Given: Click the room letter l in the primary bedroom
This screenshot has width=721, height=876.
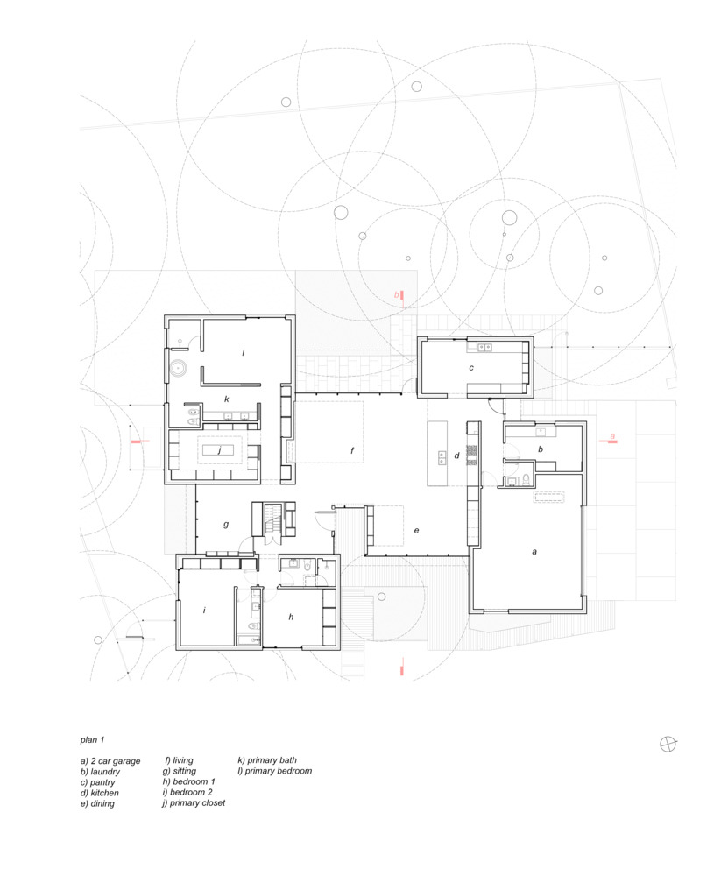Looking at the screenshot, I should [x=243, y=353].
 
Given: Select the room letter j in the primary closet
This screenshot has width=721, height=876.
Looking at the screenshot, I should [x=218, y=451].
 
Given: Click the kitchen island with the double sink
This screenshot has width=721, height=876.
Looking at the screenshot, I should [x=437, y=452].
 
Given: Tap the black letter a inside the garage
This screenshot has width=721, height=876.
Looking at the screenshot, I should [x=534, y=552].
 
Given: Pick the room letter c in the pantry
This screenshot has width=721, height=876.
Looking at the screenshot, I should [x=471, y=368].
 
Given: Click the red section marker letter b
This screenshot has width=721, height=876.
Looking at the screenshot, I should [x=396, y=296].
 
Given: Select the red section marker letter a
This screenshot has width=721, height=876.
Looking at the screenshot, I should [x=612, y=436].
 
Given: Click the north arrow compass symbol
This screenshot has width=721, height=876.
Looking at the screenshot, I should [x=668, y=744].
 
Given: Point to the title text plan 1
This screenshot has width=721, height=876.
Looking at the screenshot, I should [x=92, y=740].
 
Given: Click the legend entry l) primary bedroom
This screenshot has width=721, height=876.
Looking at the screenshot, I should [x=274, y=771].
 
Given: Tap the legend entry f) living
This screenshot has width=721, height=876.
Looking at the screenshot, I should [x=180, y=760].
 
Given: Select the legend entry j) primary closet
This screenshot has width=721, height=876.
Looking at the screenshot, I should [x=194, y=802].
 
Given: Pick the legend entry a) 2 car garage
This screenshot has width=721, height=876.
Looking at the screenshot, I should [x=110, y=761].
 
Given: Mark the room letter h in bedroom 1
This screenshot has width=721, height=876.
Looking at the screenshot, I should [x=291, y=617].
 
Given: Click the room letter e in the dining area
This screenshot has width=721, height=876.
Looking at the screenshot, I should [x=416, y=531].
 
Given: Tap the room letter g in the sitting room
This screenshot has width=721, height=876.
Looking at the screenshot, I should [x=226, y=525].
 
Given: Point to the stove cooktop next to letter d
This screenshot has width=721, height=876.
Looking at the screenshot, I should [x=471, y=453].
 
